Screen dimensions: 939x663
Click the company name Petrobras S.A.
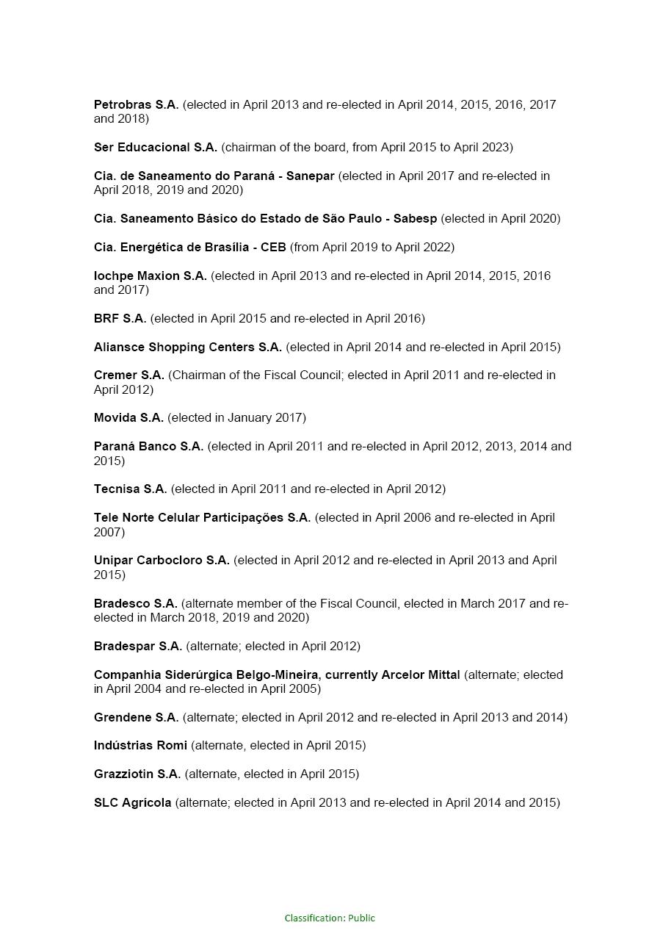coord(136,105)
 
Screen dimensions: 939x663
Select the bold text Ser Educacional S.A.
coord(155,148)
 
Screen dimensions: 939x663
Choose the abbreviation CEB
coord(273,248)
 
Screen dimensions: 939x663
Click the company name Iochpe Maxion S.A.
coord(150,276)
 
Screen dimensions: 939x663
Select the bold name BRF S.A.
coord(120,319)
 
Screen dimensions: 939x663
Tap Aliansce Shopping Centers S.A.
coord(187,348)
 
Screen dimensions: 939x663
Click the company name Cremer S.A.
coord(128,375)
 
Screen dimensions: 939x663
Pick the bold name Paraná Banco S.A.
coord(148,447)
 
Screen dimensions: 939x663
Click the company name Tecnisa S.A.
coord(130,489)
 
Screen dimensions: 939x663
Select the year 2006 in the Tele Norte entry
coord(417,518)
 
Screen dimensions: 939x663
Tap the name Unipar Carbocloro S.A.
coord(162,561)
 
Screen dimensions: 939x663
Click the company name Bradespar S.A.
coord(137,647)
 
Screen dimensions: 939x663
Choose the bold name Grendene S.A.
coord(136,718)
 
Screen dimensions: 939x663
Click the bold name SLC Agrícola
coord(132,803)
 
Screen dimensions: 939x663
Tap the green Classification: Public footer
coord(330,918)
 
